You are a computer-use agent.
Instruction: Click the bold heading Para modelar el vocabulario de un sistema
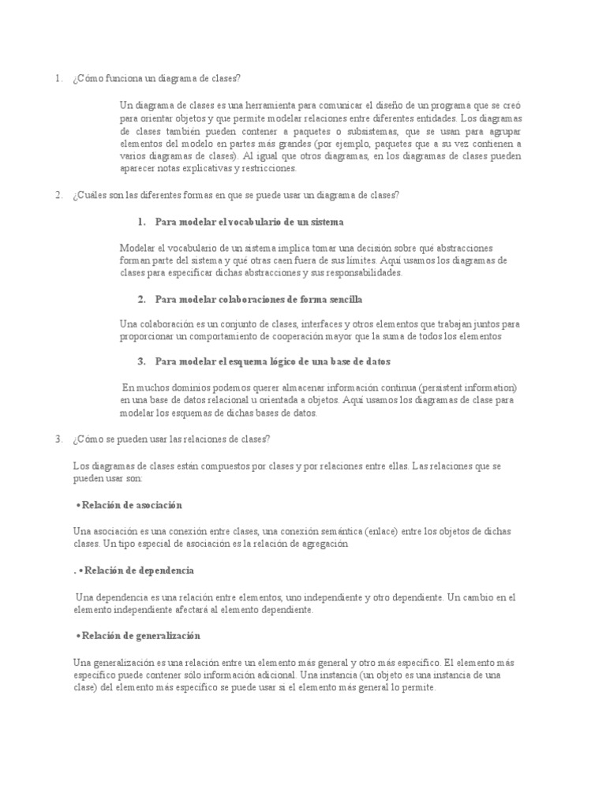tap(249, 223)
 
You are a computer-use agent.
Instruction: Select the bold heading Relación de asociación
tap(132, 505)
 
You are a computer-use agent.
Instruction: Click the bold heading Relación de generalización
tap(141, 636)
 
